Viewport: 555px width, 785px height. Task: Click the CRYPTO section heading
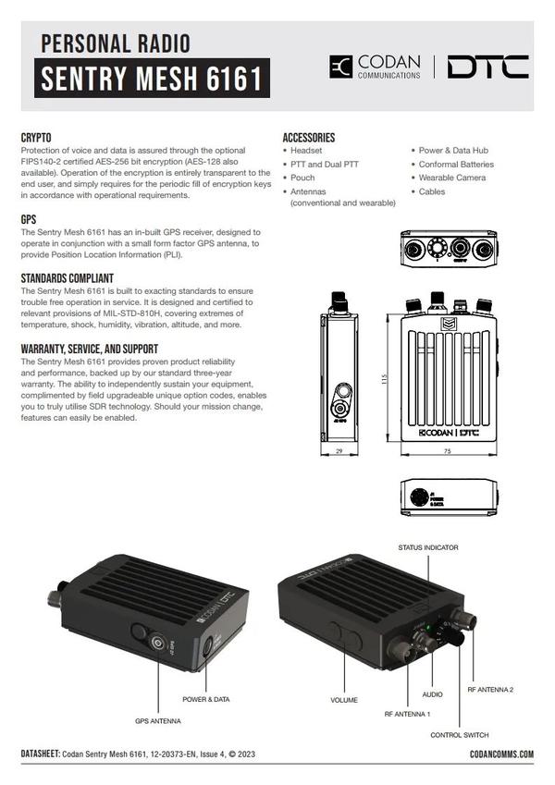coord(36,138)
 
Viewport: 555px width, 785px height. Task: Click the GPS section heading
coord(29,220)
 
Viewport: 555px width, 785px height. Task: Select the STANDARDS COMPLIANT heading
coord(68,277)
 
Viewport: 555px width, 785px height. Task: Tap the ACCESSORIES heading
coord(309,138)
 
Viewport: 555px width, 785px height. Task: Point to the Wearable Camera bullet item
coord(450,178)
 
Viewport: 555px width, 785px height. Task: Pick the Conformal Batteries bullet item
coord(456,165)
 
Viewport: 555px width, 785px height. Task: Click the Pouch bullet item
coord(302,178)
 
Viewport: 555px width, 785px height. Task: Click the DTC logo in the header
coord(487,67)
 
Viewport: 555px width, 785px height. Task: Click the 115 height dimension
coord(382,379)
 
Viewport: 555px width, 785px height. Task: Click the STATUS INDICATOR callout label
coord(428,547)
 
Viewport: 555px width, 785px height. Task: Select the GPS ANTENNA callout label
coord(158,719)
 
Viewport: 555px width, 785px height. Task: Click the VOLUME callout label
coord(343,700)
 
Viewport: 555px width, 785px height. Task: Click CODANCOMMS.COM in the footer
coord(501,754)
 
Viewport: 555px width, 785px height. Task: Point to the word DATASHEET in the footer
coord(40,754)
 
